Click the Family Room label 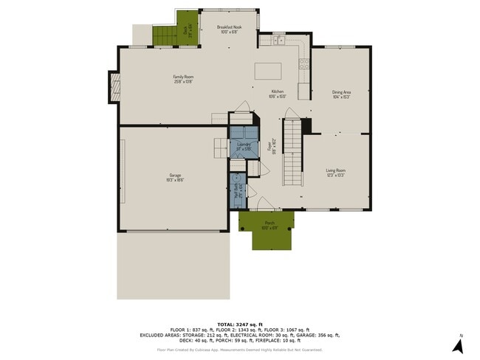pos(183,78)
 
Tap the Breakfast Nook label pos(229,30)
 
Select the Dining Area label pos(340,94)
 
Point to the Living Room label pos(336,173)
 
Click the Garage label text pos(174,177)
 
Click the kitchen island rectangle pos(269,71)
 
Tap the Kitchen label pos(277,94)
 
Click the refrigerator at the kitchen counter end pos(304,91)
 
